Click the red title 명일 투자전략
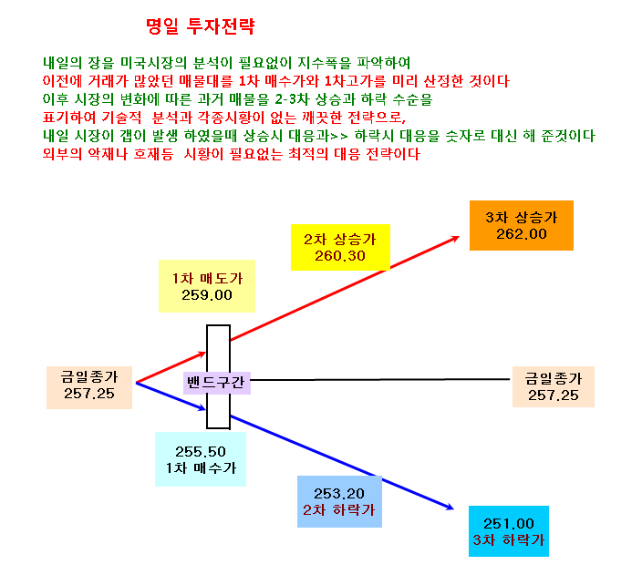coord(201,26)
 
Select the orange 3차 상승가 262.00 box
coord(522,225)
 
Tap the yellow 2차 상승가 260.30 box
coord(340,247)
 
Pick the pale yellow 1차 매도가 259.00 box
coord(207,286)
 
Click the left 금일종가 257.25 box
coord(89,387)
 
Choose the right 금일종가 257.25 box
coord(554,386)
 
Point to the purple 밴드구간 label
coord(217,383)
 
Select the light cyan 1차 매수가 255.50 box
coord(201,459)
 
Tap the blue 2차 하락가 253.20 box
coord(339,501)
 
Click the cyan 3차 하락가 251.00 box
coord(509,531)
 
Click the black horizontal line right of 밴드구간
coord(380,380)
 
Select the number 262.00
coord(522,234)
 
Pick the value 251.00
coord(509,523)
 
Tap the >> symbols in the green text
coord(340,136)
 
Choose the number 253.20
coord(339,494)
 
